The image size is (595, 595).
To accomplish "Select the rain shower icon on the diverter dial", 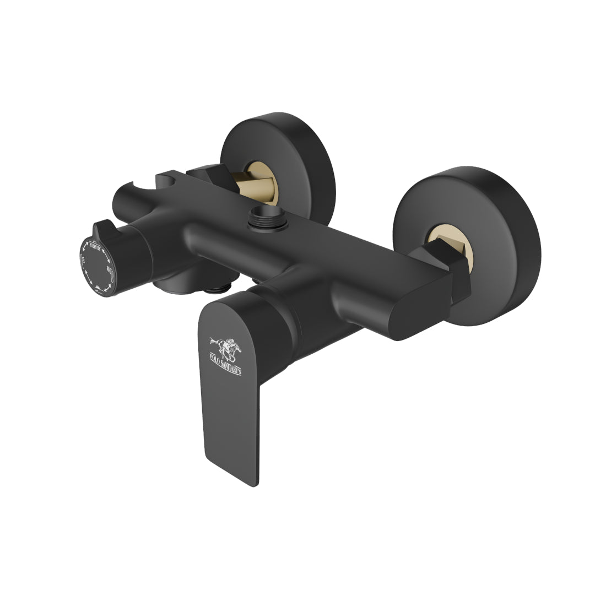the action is [x=95, y=246].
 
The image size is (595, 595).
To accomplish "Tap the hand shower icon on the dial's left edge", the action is [x=82, y=260].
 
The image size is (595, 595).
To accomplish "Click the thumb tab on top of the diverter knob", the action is [x=102, y=229].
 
